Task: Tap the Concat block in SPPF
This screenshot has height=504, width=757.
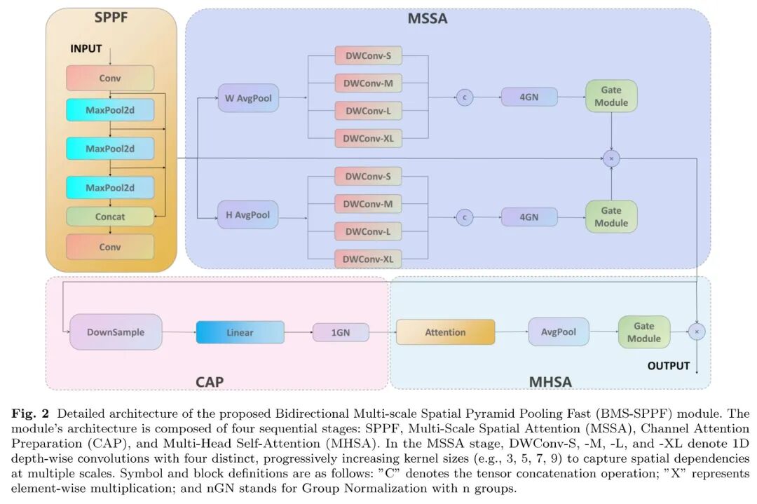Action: point(110,217)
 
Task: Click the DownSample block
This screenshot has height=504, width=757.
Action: point(116,332)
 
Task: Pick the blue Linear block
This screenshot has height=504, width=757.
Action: point(240,332)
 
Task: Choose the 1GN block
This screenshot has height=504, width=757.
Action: point(341,332)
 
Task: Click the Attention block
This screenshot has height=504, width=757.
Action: point(445,332)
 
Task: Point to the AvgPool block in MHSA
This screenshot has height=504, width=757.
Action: point(559,332)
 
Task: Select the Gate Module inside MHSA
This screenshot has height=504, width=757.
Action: point(644,332)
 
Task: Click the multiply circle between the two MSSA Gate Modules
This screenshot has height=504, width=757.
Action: point(611,159)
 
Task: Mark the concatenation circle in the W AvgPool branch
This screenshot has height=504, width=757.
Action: point(464,97)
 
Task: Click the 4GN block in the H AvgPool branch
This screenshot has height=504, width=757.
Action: point(529,217)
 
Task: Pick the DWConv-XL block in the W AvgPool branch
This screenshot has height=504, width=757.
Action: point(368,139)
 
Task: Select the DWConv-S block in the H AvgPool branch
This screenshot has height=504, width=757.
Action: point(368,177)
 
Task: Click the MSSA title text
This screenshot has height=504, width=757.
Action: point(428,19)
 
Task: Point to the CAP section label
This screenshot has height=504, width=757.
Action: point(210,382)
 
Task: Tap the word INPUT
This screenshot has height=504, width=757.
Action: point(86,49)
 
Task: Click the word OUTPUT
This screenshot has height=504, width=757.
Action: point(669,366)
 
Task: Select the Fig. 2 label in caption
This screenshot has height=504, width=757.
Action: point(29,414)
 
